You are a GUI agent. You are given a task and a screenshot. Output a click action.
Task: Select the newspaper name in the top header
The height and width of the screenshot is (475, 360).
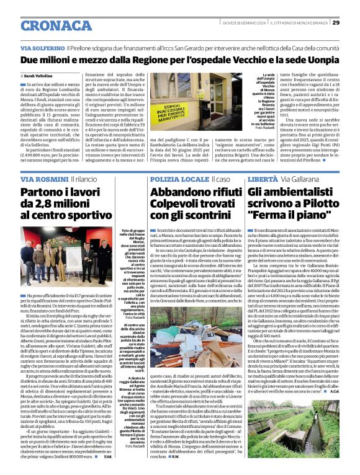[297, 23]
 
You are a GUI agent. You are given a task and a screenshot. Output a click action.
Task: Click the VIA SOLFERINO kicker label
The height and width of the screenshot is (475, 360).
[42, 47]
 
